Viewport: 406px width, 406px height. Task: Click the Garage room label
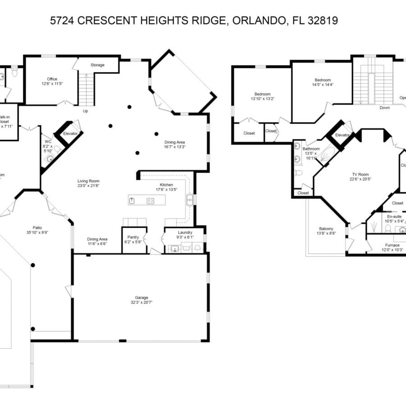coord(141,298)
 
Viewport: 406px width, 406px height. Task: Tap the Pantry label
coord(133,237)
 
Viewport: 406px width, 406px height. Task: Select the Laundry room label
coord(185,232)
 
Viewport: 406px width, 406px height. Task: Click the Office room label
coord(52,79)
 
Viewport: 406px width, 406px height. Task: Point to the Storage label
coord(97,65)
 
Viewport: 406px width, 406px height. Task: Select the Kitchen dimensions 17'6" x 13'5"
coord(166,189)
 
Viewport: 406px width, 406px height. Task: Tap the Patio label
coord(37,228)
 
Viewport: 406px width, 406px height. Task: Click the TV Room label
coord(360,174)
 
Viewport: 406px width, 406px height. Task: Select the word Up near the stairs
coord(85,111)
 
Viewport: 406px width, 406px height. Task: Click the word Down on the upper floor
coord(384,108)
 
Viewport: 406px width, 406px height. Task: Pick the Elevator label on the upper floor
coord(342,135)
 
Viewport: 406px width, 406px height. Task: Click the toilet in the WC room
coord(50,159)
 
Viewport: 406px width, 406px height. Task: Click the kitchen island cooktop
coord(150,201)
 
